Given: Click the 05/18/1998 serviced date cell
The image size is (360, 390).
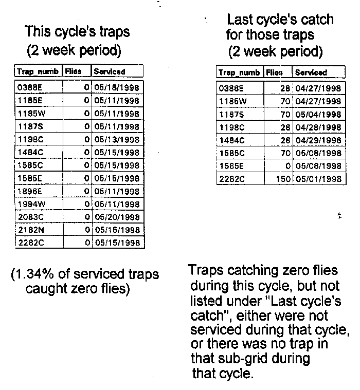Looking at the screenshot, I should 116,87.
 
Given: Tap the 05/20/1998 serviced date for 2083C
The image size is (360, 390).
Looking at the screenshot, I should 116,217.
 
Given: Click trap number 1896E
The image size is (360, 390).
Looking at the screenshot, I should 28,191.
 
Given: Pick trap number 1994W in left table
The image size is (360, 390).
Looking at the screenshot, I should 29,204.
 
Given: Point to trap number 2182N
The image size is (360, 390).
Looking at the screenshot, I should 29,230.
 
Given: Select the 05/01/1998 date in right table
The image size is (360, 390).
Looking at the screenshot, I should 318,179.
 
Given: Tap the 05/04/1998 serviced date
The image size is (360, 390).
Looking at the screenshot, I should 318,114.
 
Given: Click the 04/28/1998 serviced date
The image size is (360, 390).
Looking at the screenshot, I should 318,127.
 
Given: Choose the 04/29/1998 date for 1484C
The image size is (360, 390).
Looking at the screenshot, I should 318,140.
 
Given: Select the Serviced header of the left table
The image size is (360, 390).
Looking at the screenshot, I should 109,71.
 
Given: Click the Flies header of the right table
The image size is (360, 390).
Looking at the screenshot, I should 275,72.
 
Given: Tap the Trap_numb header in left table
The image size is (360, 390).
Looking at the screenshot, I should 38,71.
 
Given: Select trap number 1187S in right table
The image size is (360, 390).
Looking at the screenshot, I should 230,114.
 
